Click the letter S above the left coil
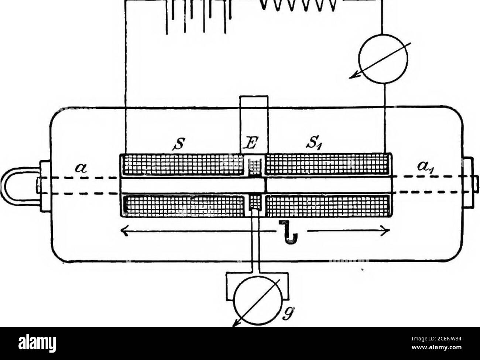(x=178, y=144)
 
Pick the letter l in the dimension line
(x=288, y=233)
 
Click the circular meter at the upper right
(x=383, y=59)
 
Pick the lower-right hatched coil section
(x=328, y=205)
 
